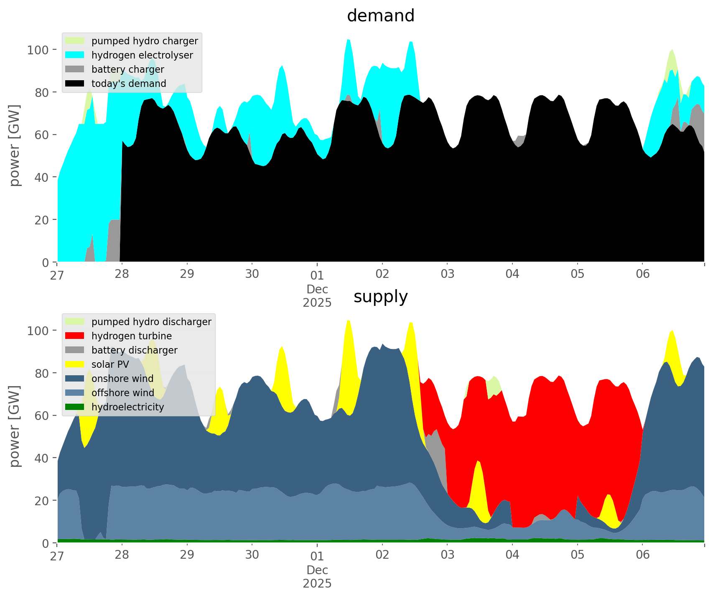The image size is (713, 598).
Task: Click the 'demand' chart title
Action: click(x=380, y=16)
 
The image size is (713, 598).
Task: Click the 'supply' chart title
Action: click(x=380, y=297)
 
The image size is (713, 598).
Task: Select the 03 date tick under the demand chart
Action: click(x=447, y=274)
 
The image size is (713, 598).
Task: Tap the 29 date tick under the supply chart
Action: click(x=187, y=555)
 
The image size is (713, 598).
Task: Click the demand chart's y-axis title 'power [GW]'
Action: click(x=14, y=145)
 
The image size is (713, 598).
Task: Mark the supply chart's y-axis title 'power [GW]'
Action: click(x=14, y=426)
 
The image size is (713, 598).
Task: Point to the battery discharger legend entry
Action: click(x=134, y=350)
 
